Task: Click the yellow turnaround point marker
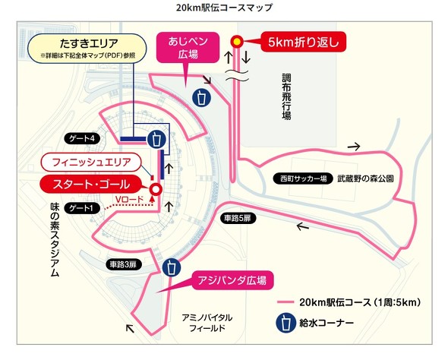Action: coord(237,42)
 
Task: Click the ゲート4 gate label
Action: coord(82,139)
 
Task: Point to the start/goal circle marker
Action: coord(156,190)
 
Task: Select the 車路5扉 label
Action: coord(236,218)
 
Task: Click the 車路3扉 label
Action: coord(121,264)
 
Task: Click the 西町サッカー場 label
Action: coord(301,179)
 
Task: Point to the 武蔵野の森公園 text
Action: coord(366,179)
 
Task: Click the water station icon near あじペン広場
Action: coord(201,98)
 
